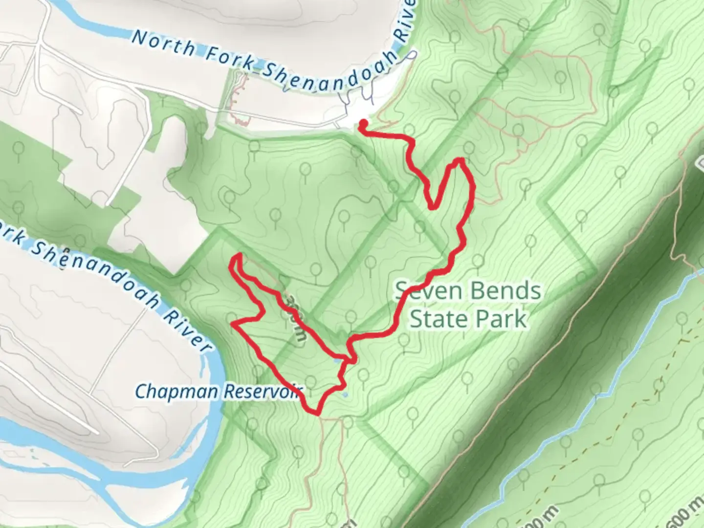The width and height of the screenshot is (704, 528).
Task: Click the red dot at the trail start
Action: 363,123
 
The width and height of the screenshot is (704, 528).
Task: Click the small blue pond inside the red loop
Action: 336,361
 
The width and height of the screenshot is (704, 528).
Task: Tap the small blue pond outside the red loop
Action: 346,394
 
